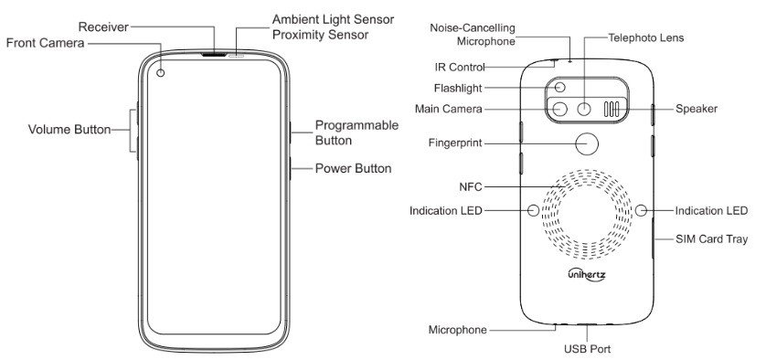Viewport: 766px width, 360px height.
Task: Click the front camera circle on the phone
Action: point(161,73)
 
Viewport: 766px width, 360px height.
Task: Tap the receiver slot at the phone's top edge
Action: point(214,54)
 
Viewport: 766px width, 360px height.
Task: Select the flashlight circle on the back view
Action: point(559,88)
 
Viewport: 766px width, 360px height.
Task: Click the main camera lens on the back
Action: point(559,109)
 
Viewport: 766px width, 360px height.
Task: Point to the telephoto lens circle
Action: point(584,109)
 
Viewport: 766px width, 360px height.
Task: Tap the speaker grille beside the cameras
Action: point(612,110)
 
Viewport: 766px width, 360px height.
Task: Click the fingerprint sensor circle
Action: point(587,143)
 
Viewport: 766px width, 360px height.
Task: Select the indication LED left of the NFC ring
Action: point(534,210)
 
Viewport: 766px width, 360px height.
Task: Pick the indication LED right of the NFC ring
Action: point(641,210)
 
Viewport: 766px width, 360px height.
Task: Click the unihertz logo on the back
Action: point(587,274)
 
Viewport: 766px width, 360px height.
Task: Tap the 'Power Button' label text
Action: point(353,168)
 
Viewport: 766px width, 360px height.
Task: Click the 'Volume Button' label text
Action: point(69,130)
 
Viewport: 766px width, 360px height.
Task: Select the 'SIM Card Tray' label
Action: point(712,239)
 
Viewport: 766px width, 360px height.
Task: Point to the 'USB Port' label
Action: point(587,349)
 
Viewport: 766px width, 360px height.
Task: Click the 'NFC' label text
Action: point(471,186)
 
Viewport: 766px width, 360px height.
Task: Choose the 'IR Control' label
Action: point(460,67)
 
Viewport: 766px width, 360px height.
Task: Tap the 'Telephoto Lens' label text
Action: point(646,37)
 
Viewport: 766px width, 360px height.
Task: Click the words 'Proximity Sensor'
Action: point(321,35)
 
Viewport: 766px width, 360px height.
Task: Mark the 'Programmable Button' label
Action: point(356,132)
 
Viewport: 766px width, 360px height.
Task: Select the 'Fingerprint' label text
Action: point(455,143)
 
